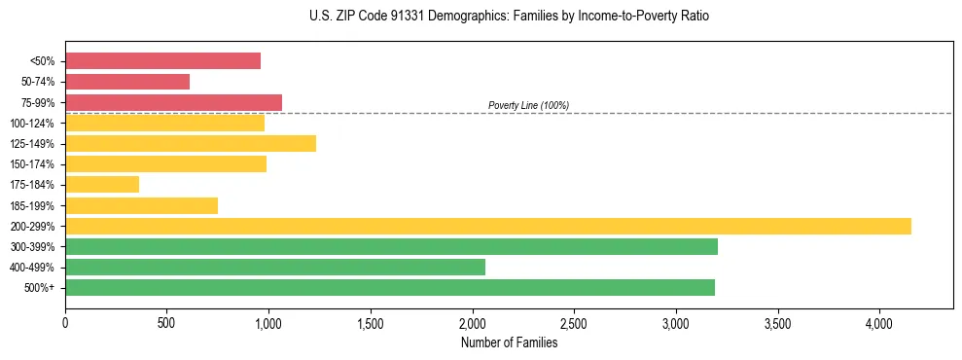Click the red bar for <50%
pyautogui.click(x=162, y=61)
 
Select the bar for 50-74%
pyautogui.click(x=127, y=82)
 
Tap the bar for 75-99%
pyautogui.click(x=173, y=102)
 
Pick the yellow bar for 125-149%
pyautogui.click(x=191, y=143)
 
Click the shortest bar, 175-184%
pyautogui.click(x=102, y=184)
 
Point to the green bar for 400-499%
pyautogui.click(x=275, y=267)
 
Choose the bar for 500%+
pyautogui.click(x=390, y=287)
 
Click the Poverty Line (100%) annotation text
pyautogui.click(x=528, y=105)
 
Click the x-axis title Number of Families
pyautogui.click(x=509, y=342)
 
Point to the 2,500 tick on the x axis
pyautogui.click(x=574, y=323)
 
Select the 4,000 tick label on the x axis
pyautogui.click(x=879, y=323)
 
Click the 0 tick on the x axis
pyautogui.click(x=65, y=323)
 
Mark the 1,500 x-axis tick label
pyautogui.click(x=371, y=323)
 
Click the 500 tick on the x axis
pyautogui.click(x=167, y=323)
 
